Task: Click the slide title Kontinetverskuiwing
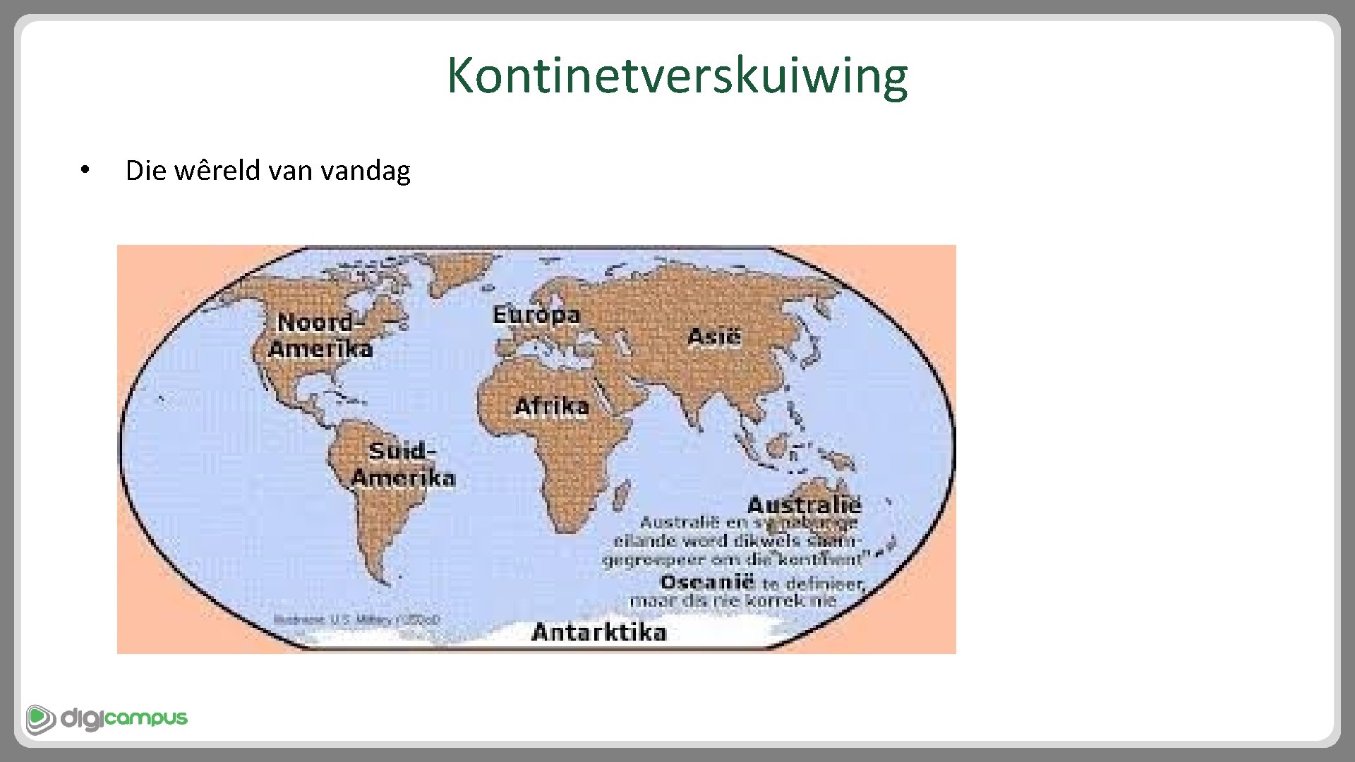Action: coord(677,75)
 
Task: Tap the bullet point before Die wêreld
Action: coord(84,170)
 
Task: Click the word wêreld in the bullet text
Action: coord(217,170)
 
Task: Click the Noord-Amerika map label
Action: coord(321,335)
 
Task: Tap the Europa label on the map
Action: coord(536,315)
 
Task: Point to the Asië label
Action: coord(714,337)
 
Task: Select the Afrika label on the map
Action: coord(551,406)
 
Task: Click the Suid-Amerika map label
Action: coord(403,464)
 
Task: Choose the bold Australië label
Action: coord(804,505)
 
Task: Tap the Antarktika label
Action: coord(598,631)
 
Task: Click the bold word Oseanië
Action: coord(707,583)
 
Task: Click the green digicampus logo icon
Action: coord(41,719)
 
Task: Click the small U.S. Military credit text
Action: coord(356,619)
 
